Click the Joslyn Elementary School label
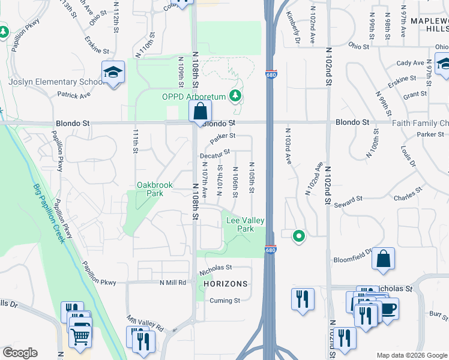(x=57, y=82)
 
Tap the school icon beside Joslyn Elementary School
(x=113, y=73)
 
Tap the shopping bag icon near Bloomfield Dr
(x=383, y=259)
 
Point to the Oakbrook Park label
(x=150, y=190)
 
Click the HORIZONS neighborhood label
(x=225, y=284)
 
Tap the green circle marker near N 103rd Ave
(x=298, y=236)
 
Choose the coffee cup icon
(x=388, y=310)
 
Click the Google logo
(x=20, y=353)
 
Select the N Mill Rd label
(x=173, y=283)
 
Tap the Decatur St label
(x=215, y=154)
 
